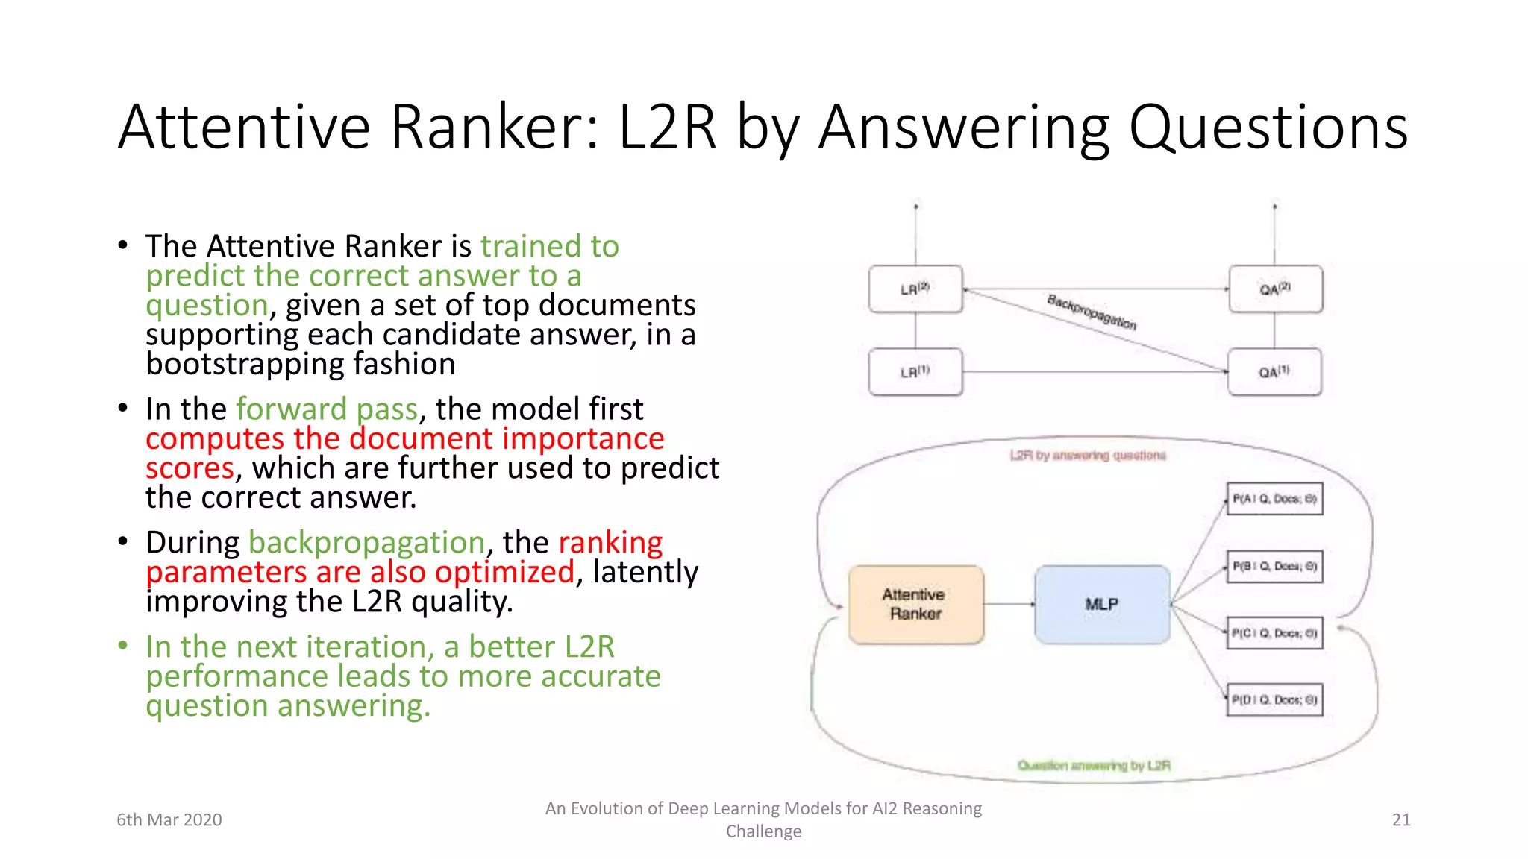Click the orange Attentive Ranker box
click(915, 604)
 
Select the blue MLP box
click(1101, 604)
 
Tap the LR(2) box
click(915, 289)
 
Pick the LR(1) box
click(915, 371)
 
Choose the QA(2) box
click(1274, 289)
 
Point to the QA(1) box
click(1274, 371)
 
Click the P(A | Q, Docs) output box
click(1274, 498)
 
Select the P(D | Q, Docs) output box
click(1274, 699)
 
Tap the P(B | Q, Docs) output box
click(1274, 566)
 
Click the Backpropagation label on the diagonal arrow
click(1092, 312)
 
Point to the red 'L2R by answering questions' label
click(1088, 455)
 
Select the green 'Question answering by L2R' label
click(1094, 765)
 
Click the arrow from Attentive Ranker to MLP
click(1009, 604)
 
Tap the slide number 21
click(1401, 819)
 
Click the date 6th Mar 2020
click(169, 819)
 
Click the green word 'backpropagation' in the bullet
click(366, 542)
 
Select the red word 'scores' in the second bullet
click(190, 468)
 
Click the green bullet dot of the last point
click(123, 646)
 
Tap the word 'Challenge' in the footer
click(763, 831)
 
